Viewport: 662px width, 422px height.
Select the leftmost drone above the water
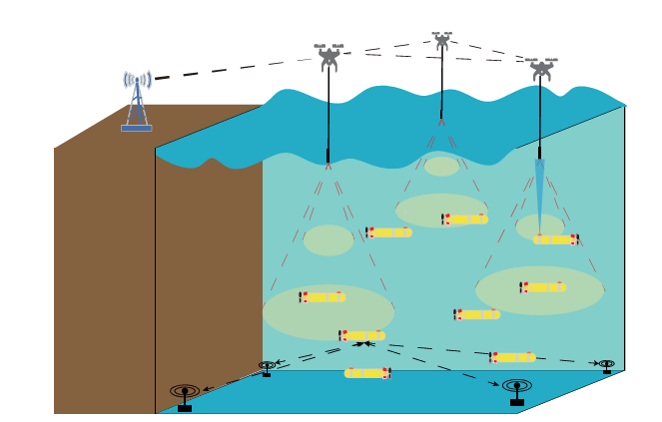329,56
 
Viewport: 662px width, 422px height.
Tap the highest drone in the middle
441,40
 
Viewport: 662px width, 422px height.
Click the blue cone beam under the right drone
540,195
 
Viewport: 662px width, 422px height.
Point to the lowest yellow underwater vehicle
367,373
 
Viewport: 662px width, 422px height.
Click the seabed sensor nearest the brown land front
185,394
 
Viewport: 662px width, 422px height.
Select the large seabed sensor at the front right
516,389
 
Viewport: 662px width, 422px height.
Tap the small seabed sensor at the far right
606,366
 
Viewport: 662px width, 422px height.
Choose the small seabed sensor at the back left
267,368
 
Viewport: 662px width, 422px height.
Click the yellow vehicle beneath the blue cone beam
555,239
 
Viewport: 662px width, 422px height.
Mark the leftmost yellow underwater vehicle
322,296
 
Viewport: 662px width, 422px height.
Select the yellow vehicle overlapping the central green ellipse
465,219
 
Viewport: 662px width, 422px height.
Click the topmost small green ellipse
441,167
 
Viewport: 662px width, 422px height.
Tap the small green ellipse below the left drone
329,240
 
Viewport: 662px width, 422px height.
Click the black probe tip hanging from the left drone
328,156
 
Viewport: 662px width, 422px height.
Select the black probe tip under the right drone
539,153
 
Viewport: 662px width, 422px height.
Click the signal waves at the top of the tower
137,79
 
